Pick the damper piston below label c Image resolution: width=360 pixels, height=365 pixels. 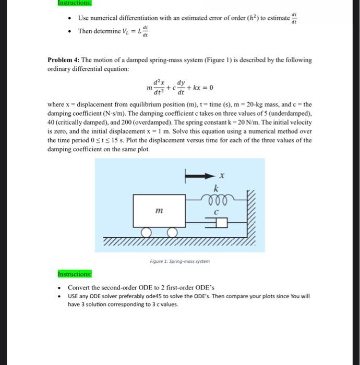(x=219, y=223)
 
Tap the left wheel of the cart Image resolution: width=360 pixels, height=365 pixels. (x=148, y=232)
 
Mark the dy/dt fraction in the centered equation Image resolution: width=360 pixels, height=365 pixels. (x=181, y=87)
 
